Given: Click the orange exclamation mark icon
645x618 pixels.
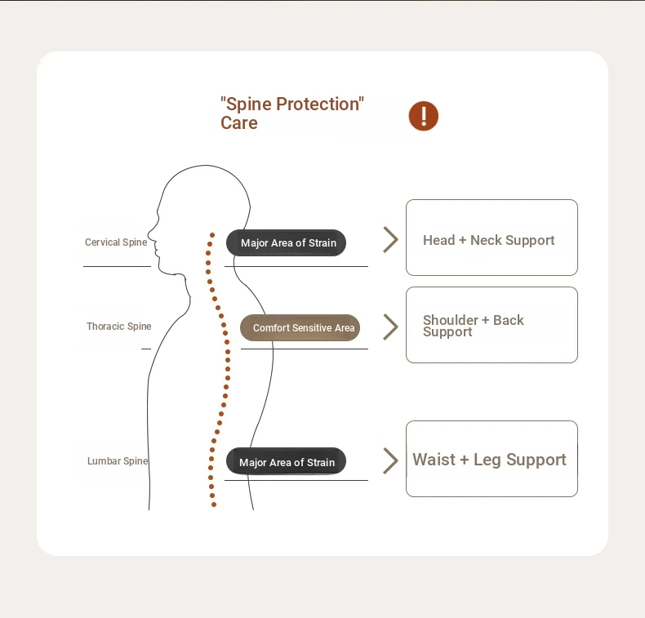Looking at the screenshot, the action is coord(423,116).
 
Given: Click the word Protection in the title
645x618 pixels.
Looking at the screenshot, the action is coord(318,104).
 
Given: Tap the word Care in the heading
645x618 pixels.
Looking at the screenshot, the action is coord(239,123).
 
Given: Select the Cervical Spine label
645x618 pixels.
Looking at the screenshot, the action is coord(116,242).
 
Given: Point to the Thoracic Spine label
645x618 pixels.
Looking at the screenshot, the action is coord(119,326).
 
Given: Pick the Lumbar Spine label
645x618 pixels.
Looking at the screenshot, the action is coord(118,461).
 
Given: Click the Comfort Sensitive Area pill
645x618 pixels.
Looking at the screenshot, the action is coord(300,327).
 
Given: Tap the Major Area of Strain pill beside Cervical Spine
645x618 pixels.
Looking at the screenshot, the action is coord(286,242).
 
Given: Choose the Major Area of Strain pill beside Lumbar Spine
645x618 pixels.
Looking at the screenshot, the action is coord(286,461).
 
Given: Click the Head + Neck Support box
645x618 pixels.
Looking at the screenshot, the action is coord(492,238).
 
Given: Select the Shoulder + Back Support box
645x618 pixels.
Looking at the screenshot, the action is coord(492,325).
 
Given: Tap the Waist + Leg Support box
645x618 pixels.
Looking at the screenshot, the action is coord(492,459).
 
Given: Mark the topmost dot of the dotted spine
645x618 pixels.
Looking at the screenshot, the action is coord(212,235).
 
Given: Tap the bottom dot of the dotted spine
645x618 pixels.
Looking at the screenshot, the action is coord(213,505).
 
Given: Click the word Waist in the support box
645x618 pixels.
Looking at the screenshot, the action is coord(434,460).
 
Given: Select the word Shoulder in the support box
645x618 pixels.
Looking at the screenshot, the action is coord(451,320).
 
